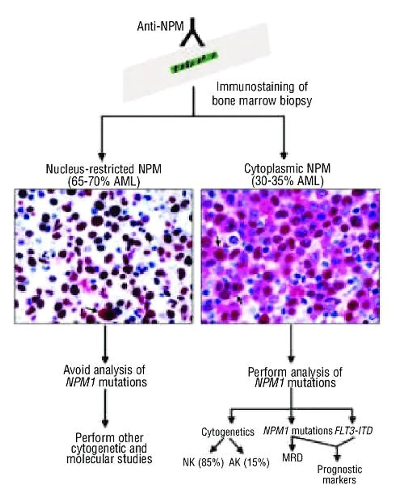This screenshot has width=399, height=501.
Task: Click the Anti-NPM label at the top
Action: [x=160, y=26]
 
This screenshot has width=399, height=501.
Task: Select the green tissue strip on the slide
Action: [x=195, y=62]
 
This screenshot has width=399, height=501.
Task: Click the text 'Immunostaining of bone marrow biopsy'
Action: [x=262, y=94]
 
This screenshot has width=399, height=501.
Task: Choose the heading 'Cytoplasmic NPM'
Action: [x=287, y=168]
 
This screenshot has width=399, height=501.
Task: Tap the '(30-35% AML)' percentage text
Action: [x=288, y=181]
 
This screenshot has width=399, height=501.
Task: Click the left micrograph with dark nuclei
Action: [x=103, y=256]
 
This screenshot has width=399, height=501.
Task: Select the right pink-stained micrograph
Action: [x=290, y=256]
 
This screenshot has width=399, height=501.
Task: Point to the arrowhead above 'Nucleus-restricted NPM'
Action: [x=102, y=156]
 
